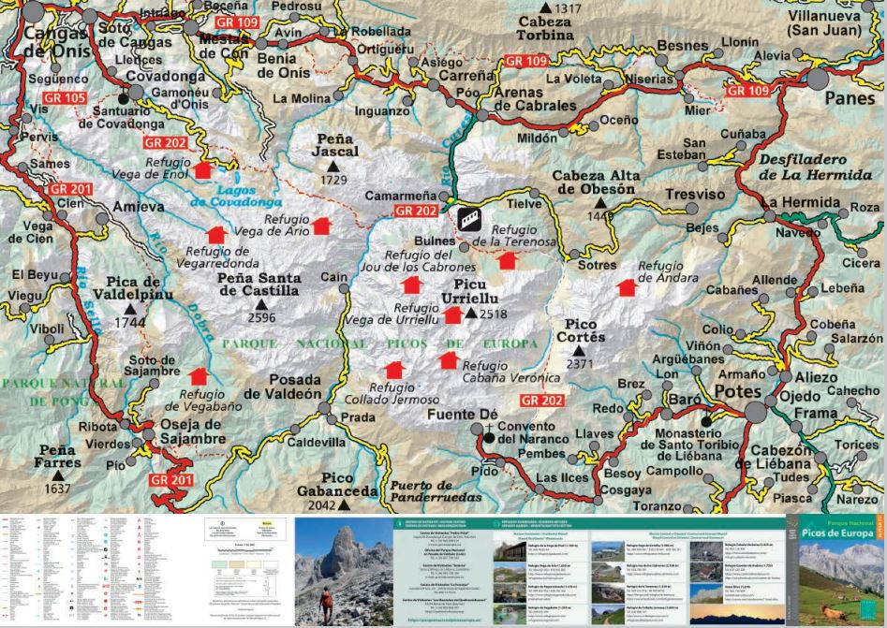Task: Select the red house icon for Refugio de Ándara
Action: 627,287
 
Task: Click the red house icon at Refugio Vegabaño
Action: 198,376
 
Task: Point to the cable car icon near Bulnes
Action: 471,221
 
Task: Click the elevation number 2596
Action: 261,318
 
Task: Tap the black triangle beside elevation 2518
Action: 470,314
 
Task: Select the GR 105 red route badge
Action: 63,98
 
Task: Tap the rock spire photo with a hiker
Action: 344,570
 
